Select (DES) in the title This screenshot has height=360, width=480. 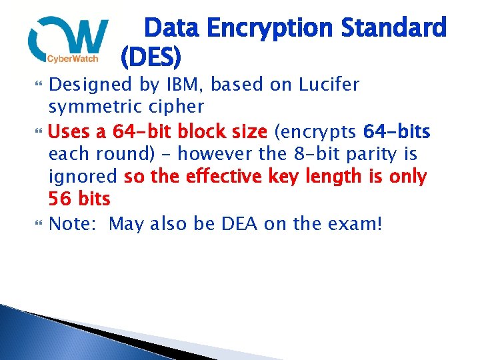tap(151, 59)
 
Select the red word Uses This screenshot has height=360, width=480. tap(71, 131)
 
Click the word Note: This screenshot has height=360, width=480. tap(74, 223)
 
